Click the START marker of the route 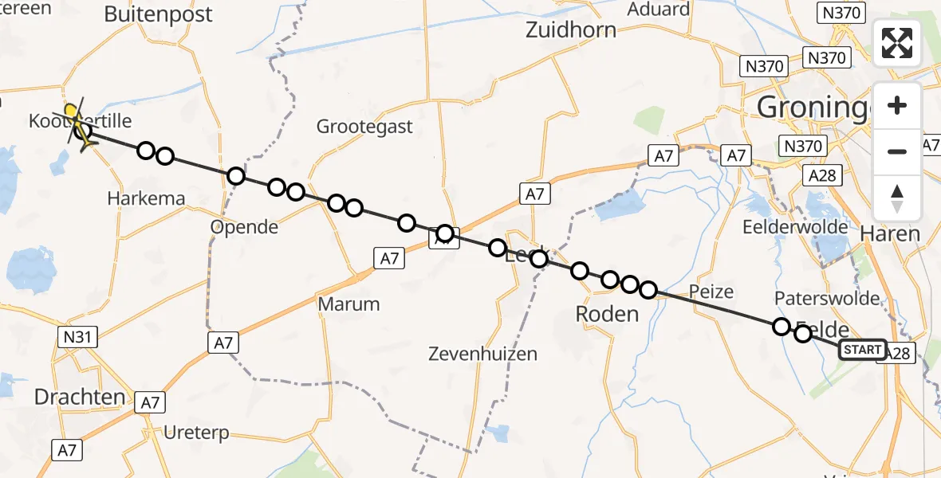(862, 350)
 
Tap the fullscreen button (897, 43)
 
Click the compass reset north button (897, 198)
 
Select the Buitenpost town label (159, 14)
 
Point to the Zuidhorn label (571, 30)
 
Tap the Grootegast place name (365, 126)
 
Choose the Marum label (348, 304)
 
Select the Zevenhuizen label (482, 354)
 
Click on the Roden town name (608, 314)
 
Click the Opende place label (244, 227)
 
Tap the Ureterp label (195, 433)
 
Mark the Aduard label (658, 10)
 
